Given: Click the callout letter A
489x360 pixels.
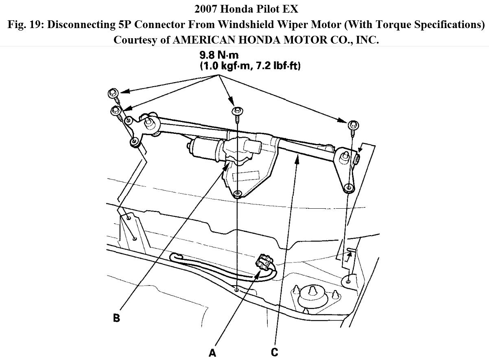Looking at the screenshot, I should (x=212, y=353).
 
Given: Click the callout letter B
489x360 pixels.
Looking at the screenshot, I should (x=116, y=318).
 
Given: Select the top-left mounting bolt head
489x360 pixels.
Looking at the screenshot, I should (x=113, y=93).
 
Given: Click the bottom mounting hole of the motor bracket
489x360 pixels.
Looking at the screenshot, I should (x=238, y=193).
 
